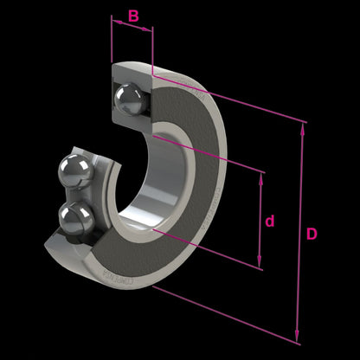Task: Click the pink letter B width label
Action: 133,16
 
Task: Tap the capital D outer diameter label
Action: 312,234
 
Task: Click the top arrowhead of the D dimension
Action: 301,126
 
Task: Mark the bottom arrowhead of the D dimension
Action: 299,339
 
